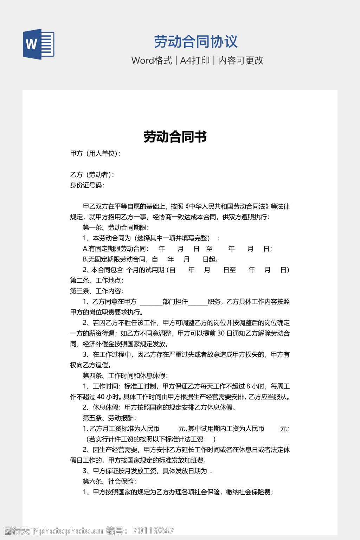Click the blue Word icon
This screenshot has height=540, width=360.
(x=38, y=44)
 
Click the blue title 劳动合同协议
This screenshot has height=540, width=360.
(x=196, y=41)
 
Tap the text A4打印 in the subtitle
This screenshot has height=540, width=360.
(x=195, y=60)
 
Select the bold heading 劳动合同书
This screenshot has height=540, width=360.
(x=175, y=136)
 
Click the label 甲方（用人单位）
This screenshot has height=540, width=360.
(x=95, y=154)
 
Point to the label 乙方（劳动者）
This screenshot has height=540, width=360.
(x=92, y=175)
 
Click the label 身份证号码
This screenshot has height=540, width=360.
(x=87, y=185)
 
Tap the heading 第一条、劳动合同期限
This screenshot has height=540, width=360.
(x=115, y=227)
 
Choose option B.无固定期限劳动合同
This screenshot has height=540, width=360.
(x=114, y=259)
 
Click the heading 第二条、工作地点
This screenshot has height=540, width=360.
(x=96, y=281)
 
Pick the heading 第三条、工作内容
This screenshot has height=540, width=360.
(x=96, y=291)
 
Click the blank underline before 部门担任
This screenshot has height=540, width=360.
(x=151, y=302)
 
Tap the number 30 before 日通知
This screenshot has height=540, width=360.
(x=221, y=333)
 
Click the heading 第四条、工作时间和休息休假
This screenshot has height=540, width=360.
(x=125, y=376)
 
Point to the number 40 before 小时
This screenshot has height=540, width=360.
(x=101, y=397)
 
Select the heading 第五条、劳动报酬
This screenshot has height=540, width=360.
(x=109, y=418)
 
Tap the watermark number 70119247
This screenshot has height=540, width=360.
(x=153, y=531)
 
